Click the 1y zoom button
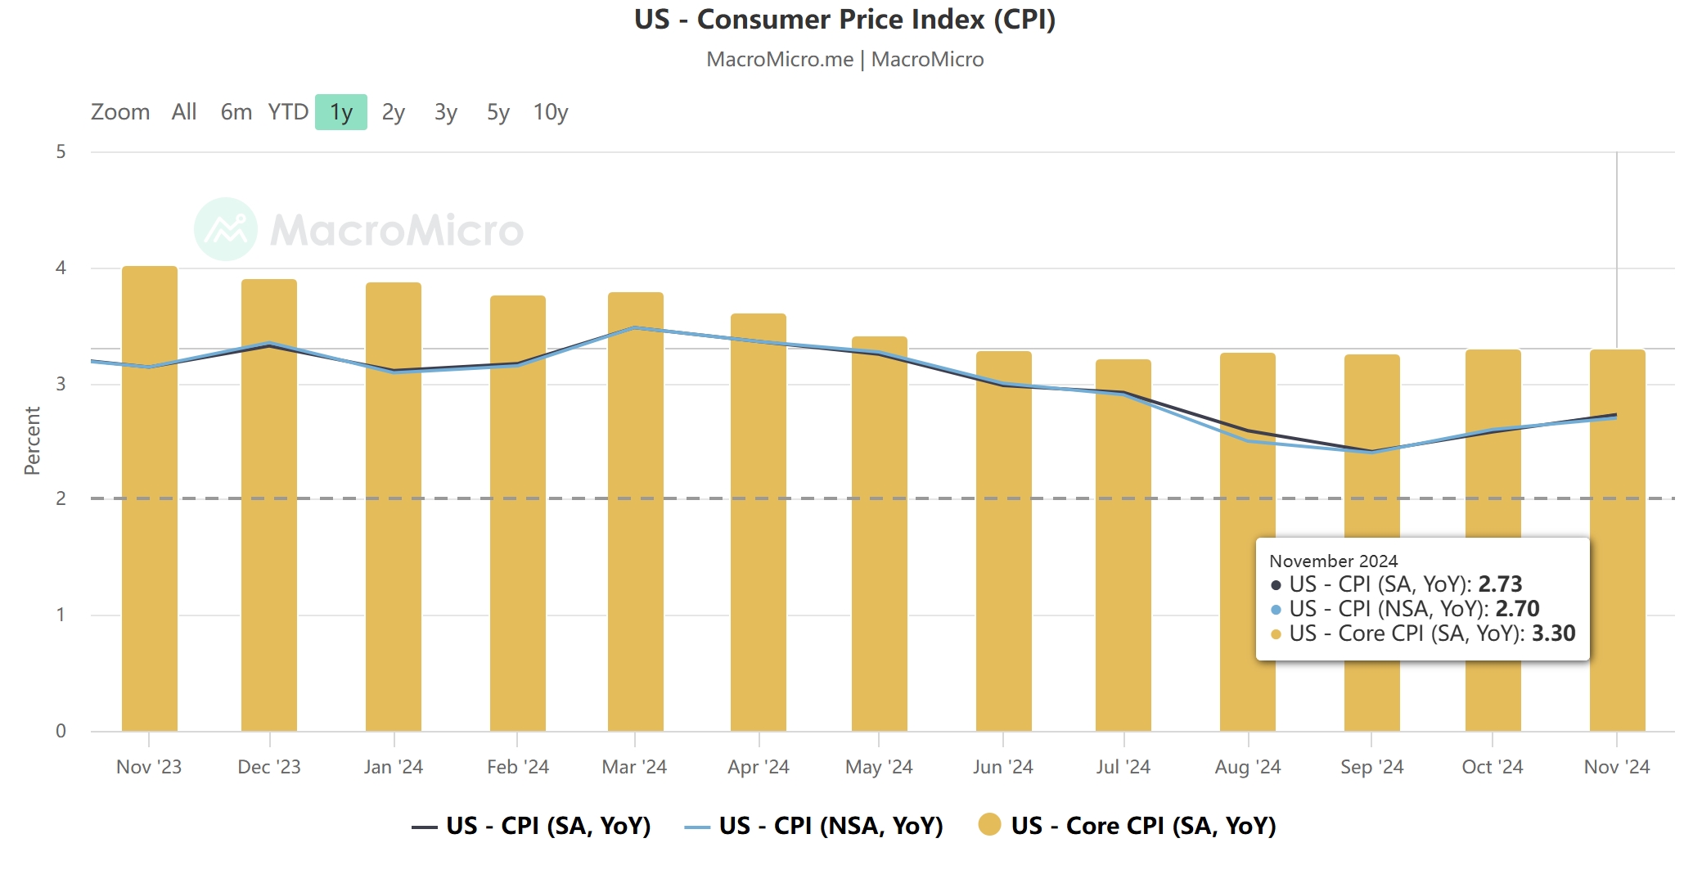click(340, 112)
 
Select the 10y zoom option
click(550, 112)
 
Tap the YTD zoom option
click(288, 112)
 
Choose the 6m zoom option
click(236, 112)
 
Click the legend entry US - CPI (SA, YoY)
click(532, 826)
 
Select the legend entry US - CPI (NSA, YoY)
click(814, 826)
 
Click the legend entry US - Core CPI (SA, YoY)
click(1128, 826)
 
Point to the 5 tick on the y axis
click(61, 151)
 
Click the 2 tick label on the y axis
click(61, 498)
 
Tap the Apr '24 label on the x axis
click(759, 767)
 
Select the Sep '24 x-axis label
click(1371, 767)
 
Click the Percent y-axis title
click(32, 441)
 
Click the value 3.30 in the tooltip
click(1553, 633)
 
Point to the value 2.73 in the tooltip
click(1500, 584)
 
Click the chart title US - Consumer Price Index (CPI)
click(845, 20)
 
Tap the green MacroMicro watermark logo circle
click(226, 229)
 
